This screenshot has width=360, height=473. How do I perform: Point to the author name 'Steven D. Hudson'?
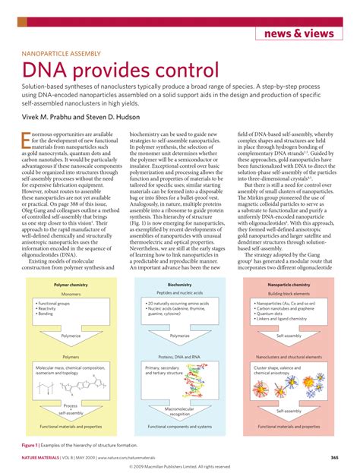point(124,118)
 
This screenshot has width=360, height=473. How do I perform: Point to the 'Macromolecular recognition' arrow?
point(180,411)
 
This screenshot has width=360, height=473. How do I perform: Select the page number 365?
point(334,458)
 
